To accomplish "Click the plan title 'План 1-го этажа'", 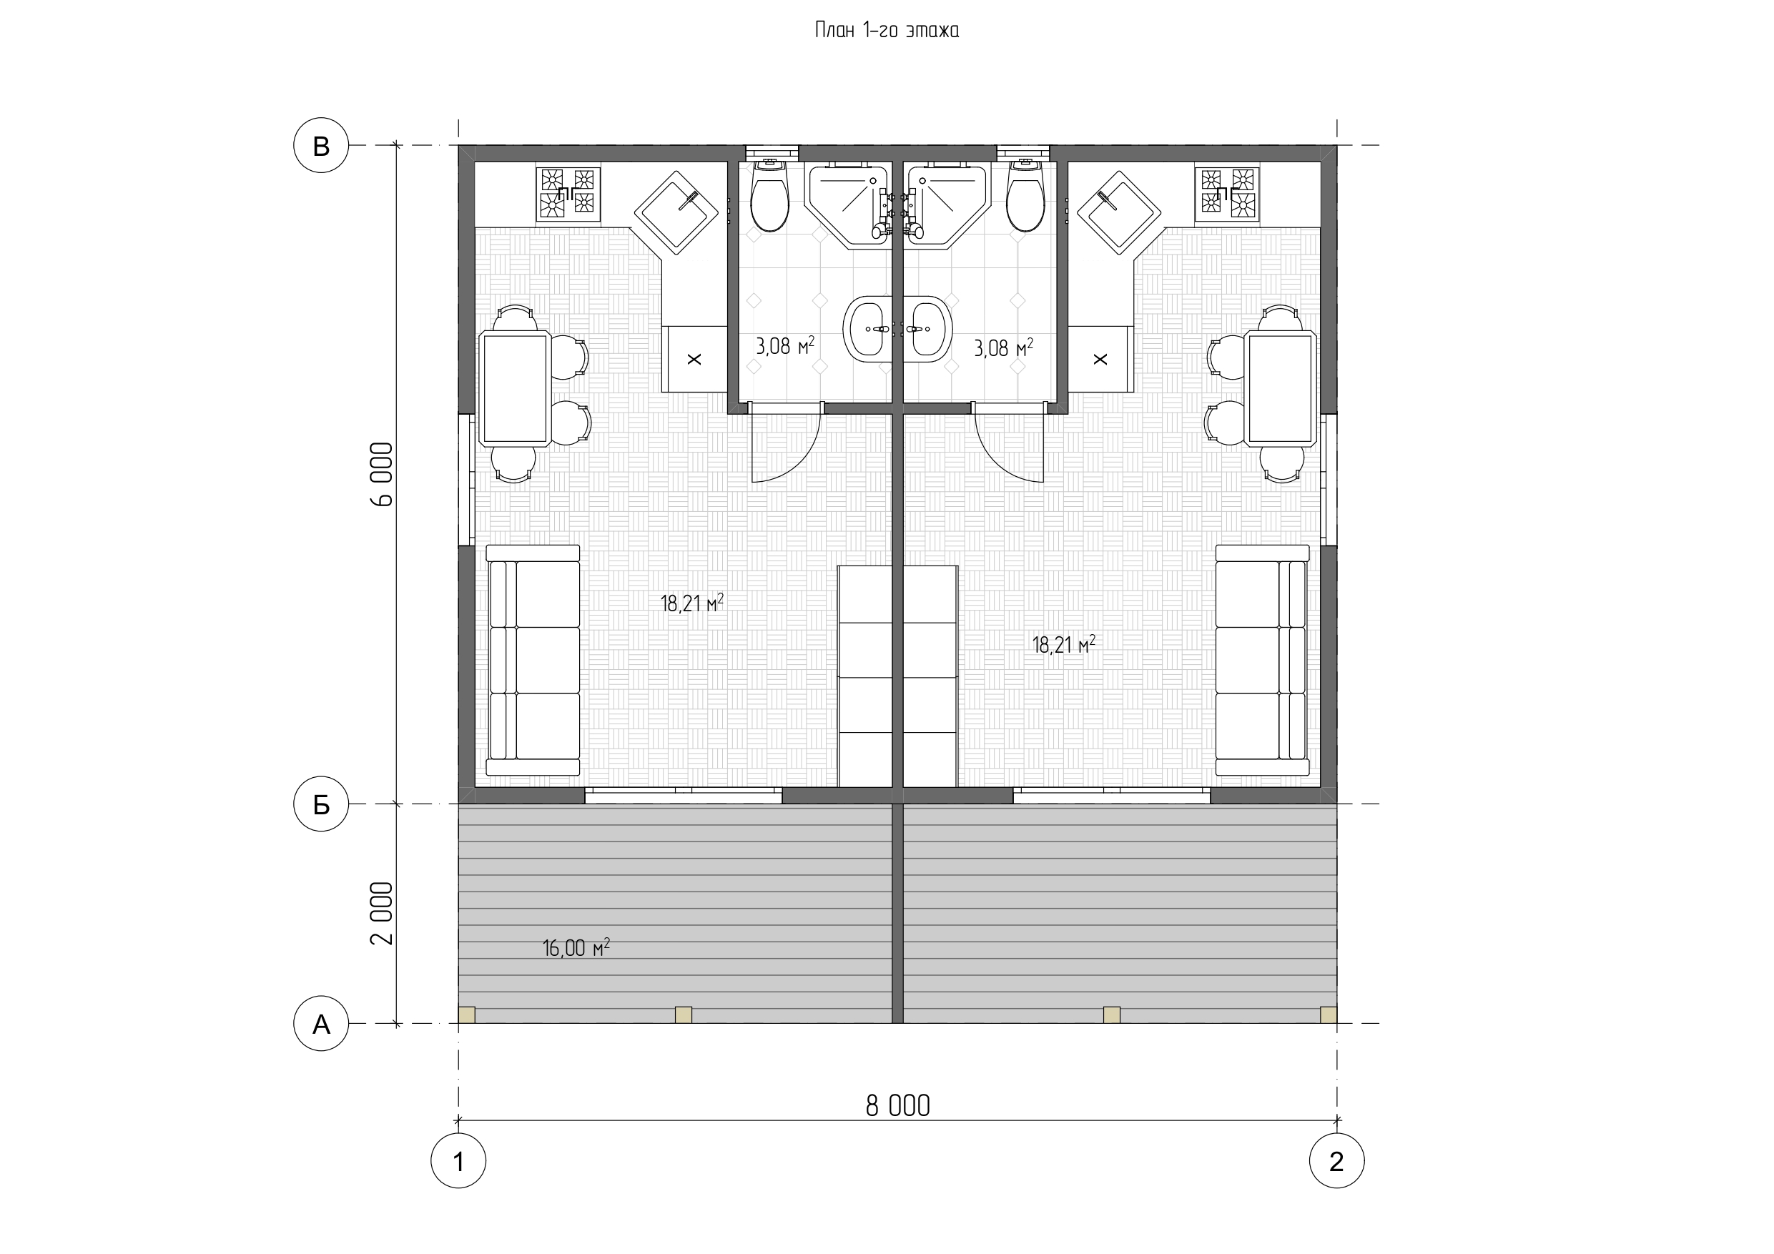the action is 887,31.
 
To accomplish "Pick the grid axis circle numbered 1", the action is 458,1160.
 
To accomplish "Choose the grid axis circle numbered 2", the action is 1336,1160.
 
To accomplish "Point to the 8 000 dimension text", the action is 898,1107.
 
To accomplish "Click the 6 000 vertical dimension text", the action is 382,475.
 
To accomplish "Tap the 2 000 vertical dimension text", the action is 382,914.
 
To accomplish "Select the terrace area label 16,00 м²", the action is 576,947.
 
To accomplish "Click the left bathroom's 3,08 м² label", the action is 785,345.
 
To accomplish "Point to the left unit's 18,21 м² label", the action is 692,602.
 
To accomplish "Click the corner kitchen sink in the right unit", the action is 1119,212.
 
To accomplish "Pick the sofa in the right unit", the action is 1263,660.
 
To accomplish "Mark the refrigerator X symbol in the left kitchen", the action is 694,358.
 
